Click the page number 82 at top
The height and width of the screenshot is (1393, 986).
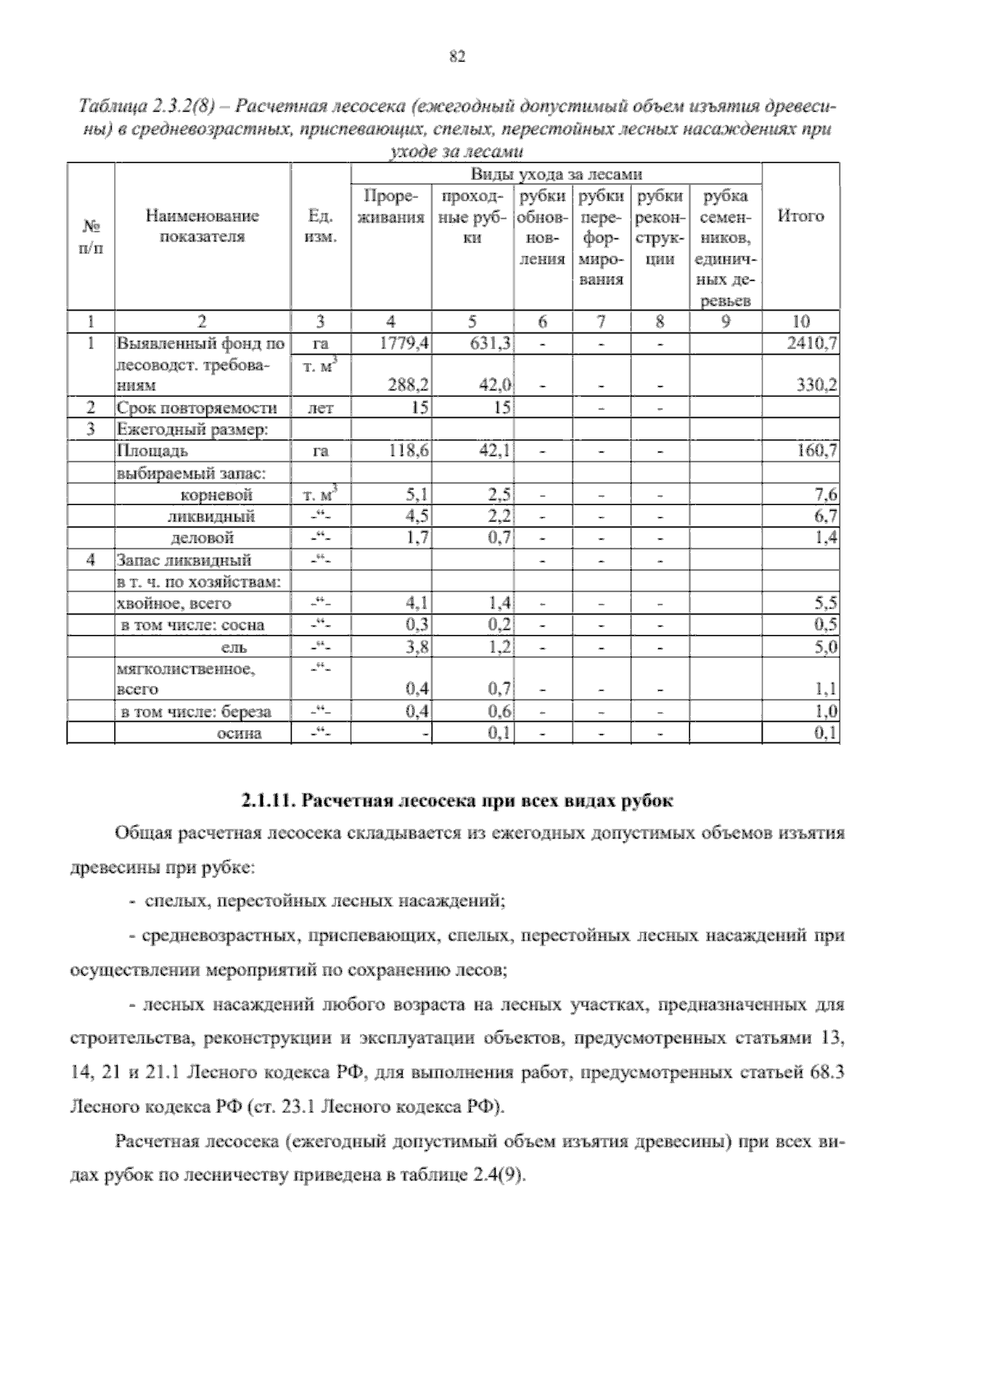click(458, 56)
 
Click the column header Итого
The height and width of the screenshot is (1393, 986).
click(800, 217)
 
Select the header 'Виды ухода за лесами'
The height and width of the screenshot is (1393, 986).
click(556, 174)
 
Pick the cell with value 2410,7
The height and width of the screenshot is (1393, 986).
click(813, 343)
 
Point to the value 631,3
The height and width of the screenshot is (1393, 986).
click(491, 343)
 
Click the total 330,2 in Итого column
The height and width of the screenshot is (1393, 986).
click(818, 385)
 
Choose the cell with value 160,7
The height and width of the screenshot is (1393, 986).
click(818, 451)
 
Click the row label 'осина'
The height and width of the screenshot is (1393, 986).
click(238, 733)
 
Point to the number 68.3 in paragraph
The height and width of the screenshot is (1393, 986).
click(828, 1073)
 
